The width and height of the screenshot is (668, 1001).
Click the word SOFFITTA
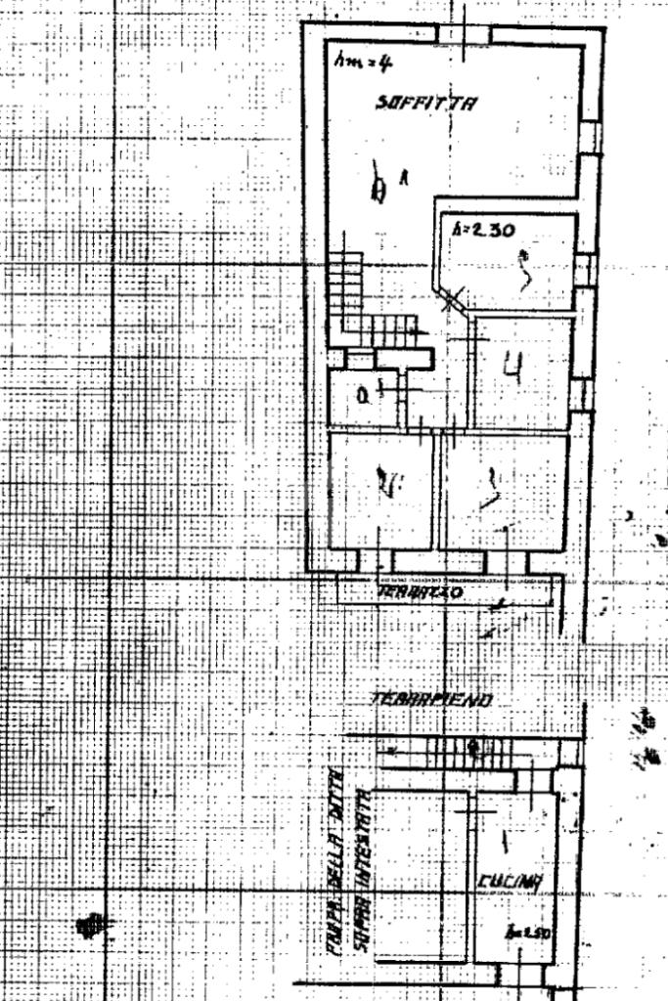coord(426,102)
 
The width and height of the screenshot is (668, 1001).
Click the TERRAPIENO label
coord(430,700)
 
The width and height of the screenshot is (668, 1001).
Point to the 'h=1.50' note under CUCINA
coord(535,933)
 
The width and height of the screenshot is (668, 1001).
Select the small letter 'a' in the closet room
coord(361,396)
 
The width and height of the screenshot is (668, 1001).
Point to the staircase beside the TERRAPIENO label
coord(460,750)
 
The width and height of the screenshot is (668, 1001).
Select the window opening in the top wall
coord(465,34)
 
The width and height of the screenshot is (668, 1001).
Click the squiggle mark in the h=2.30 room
coord(526,272)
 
